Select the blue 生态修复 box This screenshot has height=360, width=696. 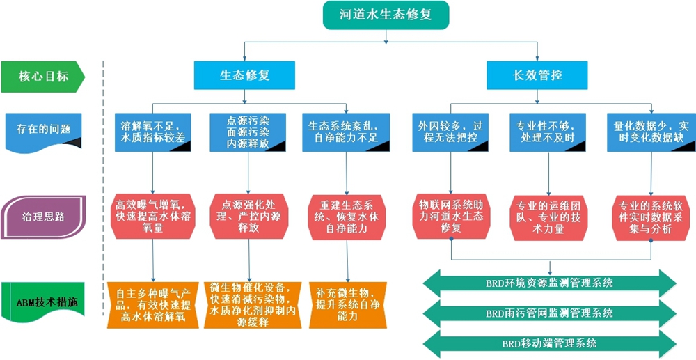click(244, 75)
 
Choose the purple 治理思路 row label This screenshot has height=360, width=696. click(43, 216)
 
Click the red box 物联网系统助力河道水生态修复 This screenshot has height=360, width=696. click(452, 216)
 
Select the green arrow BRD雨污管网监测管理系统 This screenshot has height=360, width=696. click(549, 313)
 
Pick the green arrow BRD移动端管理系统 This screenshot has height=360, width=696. click(549, 343)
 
